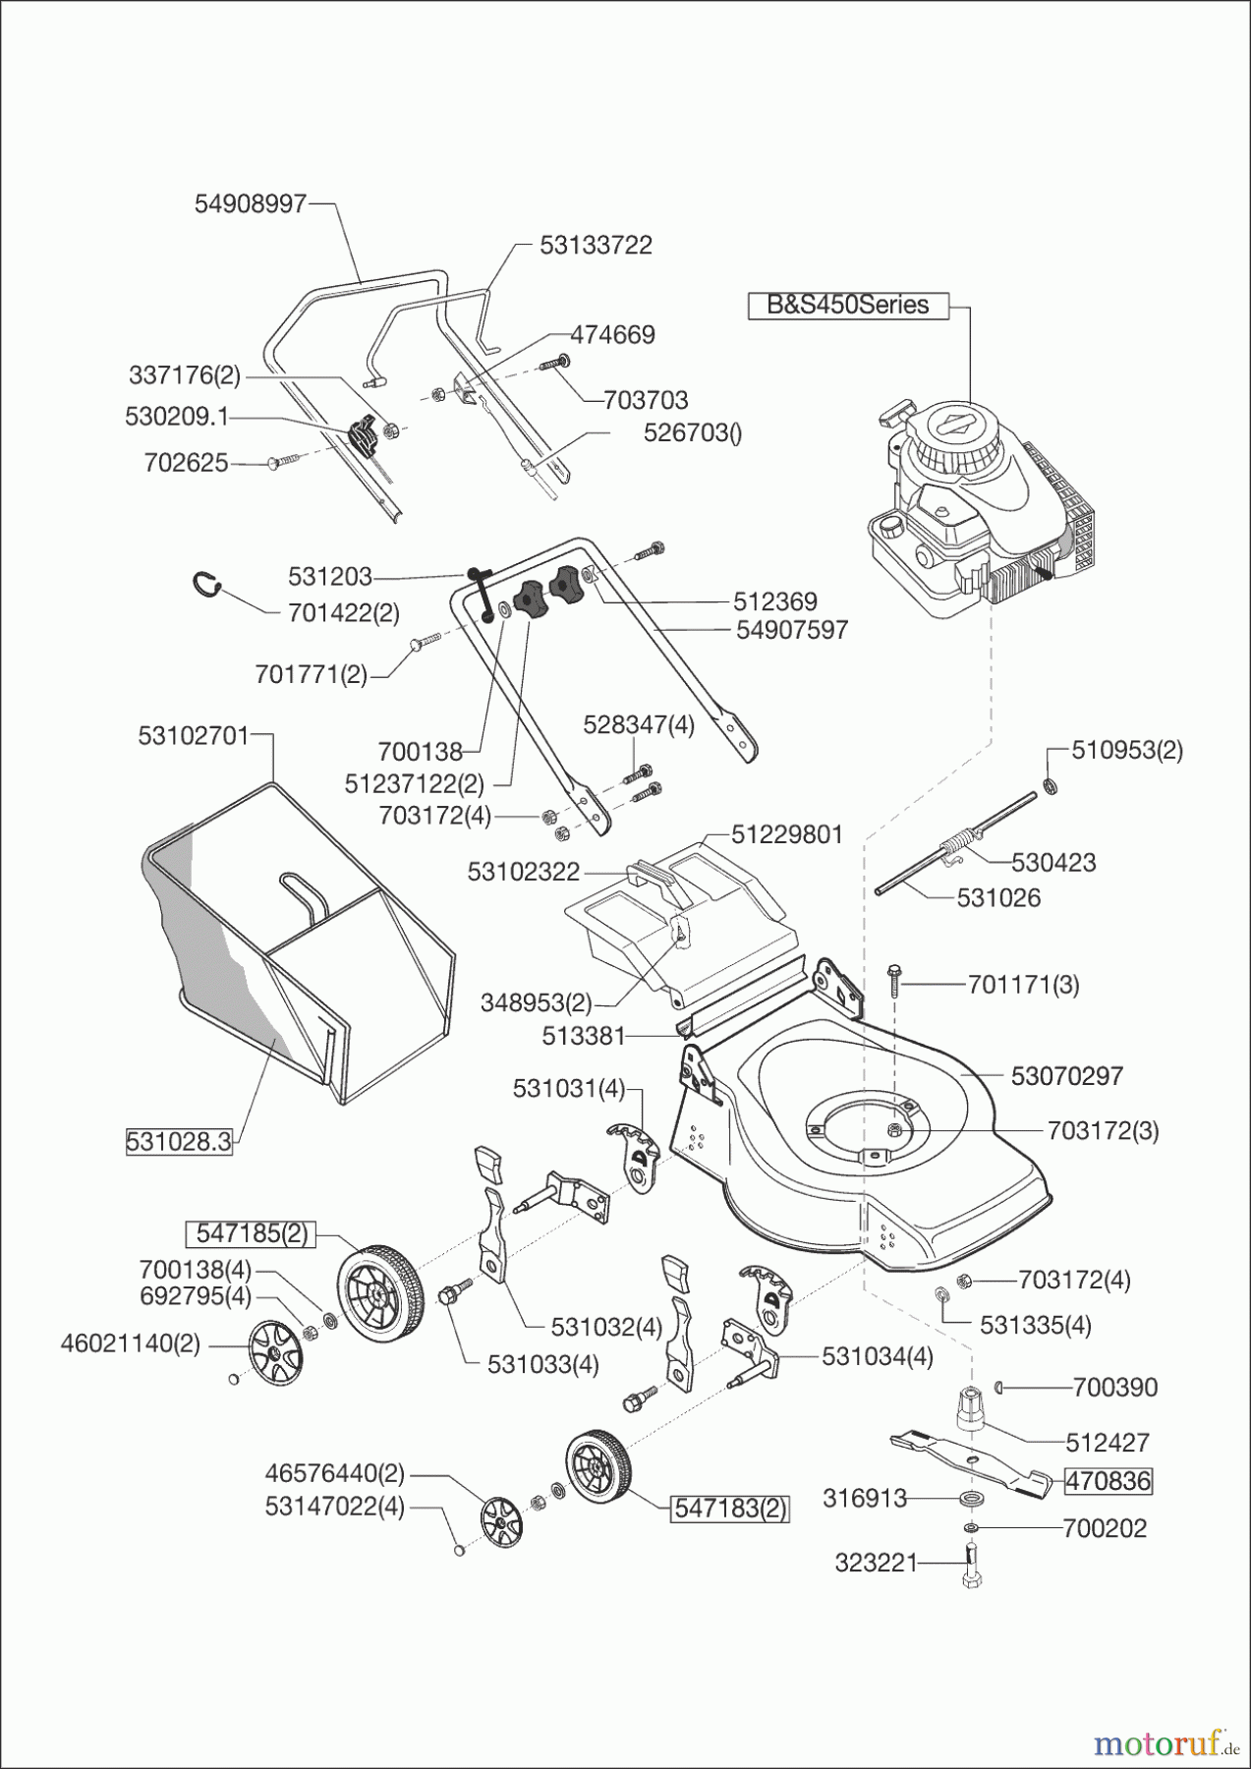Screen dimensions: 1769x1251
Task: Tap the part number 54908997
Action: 251,203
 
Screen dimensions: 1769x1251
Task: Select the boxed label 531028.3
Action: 179,1141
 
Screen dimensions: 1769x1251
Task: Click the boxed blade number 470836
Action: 1109,1480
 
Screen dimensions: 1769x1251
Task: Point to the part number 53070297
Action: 1066,1075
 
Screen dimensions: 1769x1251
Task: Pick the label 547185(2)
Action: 252,1233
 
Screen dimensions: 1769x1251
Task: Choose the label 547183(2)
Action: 729,1509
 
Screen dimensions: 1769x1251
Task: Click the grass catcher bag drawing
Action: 295,943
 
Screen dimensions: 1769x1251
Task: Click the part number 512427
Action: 1108,1442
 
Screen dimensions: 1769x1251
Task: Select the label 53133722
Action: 596,245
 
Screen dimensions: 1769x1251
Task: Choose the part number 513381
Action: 583,1035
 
